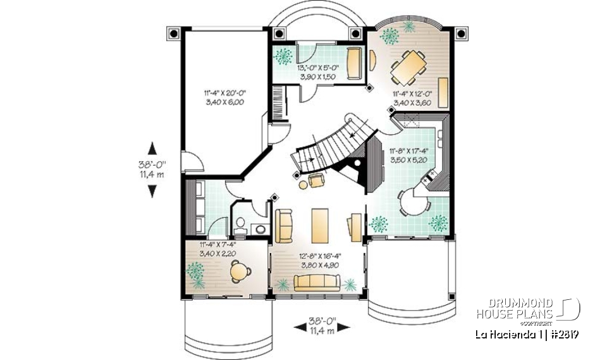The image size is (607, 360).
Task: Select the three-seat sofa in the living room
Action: click(317, 282)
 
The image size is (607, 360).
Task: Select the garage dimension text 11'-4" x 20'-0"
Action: click(224, 92)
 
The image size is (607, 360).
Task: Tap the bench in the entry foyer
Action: click(354, 62)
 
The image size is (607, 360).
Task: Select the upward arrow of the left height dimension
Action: click(152, 148)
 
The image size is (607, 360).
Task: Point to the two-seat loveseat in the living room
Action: click(284, 225)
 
